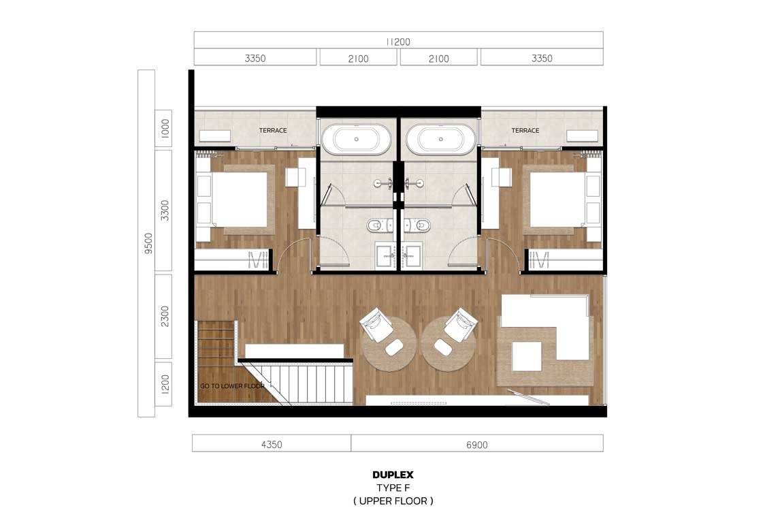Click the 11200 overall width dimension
click(398, 42)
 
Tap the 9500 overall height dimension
click(148, 243)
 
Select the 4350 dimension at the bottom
click(272, 444)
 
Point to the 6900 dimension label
click(476, 445)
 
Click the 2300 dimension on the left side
click(165, 317)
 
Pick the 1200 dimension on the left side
click(165, 384)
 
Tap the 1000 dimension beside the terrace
click(165, 129)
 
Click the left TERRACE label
click(273, 130)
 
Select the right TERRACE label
click(525, 130)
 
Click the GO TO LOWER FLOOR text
click(232, 385)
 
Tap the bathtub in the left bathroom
click(356, 139)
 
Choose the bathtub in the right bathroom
click(440, 139)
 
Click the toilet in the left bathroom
click(376, 225)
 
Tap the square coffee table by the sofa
click(527, 356)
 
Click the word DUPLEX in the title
click(393, 475)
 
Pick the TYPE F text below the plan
click(393, 488)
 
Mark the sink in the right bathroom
click(412, 255)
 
